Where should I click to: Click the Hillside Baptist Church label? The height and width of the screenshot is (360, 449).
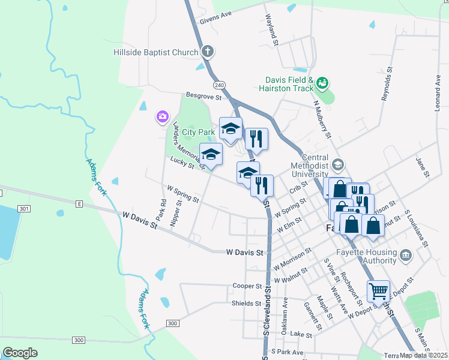(155, 52)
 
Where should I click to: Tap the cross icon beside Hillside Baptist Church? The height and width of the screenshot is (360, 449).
(207, 52)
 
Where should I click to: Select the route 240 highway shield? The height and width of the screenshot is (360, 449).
(219, 85)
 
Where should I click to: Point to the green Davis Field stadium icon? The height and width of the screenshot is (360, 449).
(322, 82)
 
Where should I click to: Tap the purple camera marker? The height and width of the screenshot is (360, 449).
(162, 117)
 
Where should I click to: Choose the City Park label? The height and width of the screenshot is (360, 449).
(198, 131)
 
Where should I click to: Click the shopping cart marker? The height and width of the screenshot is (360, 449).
(378, 292)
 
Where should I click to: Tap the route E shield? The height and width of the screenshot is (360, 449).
(79, 204)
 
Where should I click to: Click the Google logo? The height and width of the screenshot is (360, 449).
(20, 353)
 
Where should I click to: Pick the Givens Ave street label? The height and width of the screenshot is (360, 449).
(217, 16)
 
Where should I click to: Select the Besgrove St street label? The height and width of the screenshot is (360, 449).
(203, 95)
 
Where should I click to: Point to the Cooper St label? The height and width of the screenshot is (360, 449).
(248, 286)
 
